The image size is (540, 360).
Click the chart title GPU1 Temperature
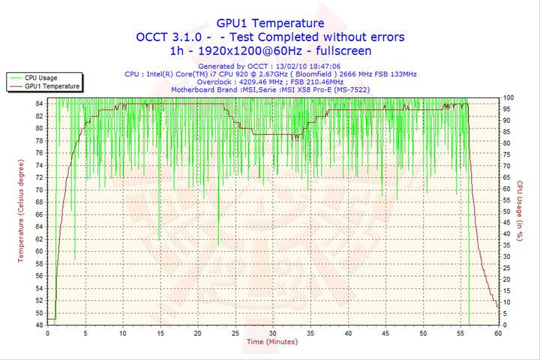270,23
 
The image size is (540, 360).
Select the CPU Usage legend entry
41,77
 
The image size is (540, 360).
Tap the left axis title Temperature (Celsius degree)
22,211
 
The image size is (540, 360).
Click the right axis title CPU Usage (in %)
520,211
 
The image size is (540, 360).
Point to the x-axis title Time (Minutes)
271,342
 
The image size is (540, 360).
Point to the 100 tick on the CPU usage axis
508,97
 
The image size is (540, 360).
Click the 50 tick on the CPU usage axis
507,211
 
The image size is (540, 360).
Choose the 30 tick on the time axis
273,333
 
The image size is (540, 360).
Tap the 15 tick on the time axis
160,333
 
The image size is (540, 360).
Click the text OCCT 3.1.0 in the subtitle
166,37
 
